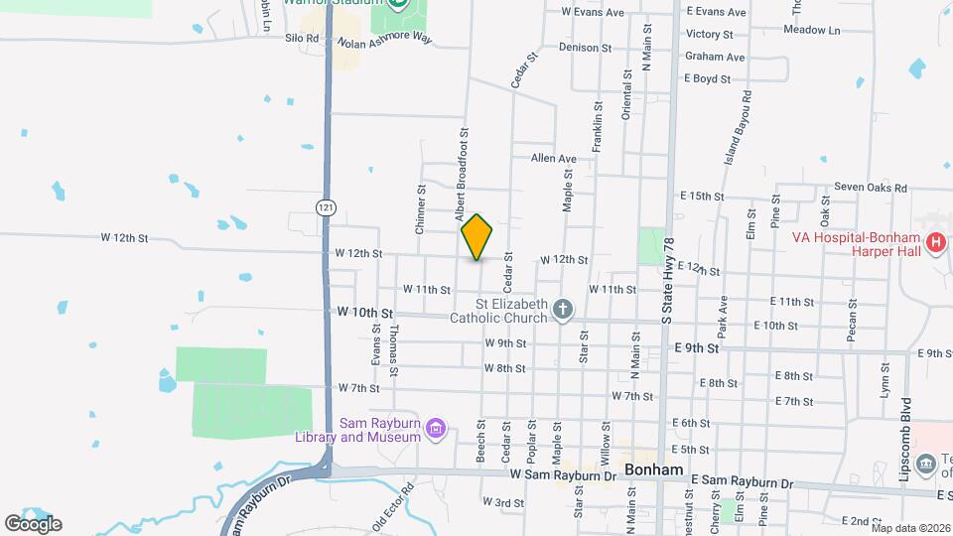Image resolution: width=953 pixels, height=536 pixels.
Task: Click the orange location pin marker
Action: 476,236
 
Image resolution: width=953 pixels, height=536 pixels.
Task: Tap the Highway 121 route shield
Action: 325,207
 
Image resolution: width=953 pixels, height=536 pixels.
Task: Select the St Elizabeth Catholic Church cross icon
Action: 562,310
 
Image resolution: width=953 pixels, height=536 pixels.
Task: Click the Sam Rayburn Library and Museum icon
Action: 434,429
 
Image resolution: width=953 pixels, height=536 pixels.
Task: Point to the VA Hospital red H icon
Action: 934,243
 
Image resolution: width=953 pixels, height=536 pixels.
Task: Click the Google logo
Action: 33,523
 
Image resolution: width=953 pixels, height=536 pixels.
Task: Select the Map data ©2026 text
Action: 910,528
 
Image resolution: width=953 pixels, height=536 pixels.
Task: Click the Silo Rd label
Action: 300,38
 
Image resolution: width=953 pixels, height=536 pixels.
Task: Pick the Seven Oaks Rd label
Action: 871,188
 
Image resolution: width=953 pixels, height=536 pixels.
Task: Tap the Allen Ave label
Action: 553,159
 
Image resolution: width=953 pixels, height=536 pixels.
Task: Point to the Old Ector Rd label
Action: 392,505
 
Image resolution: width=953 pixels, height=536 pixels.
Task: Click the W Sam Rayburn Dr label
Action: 565,475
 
